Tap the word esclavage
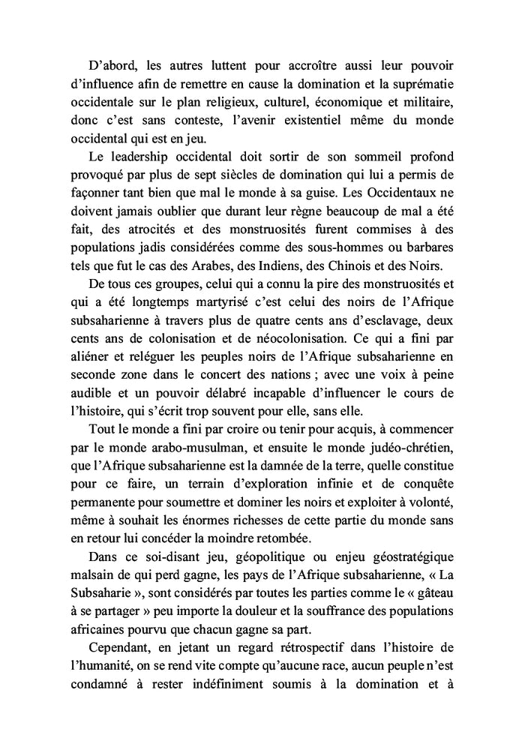[385, 319]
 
